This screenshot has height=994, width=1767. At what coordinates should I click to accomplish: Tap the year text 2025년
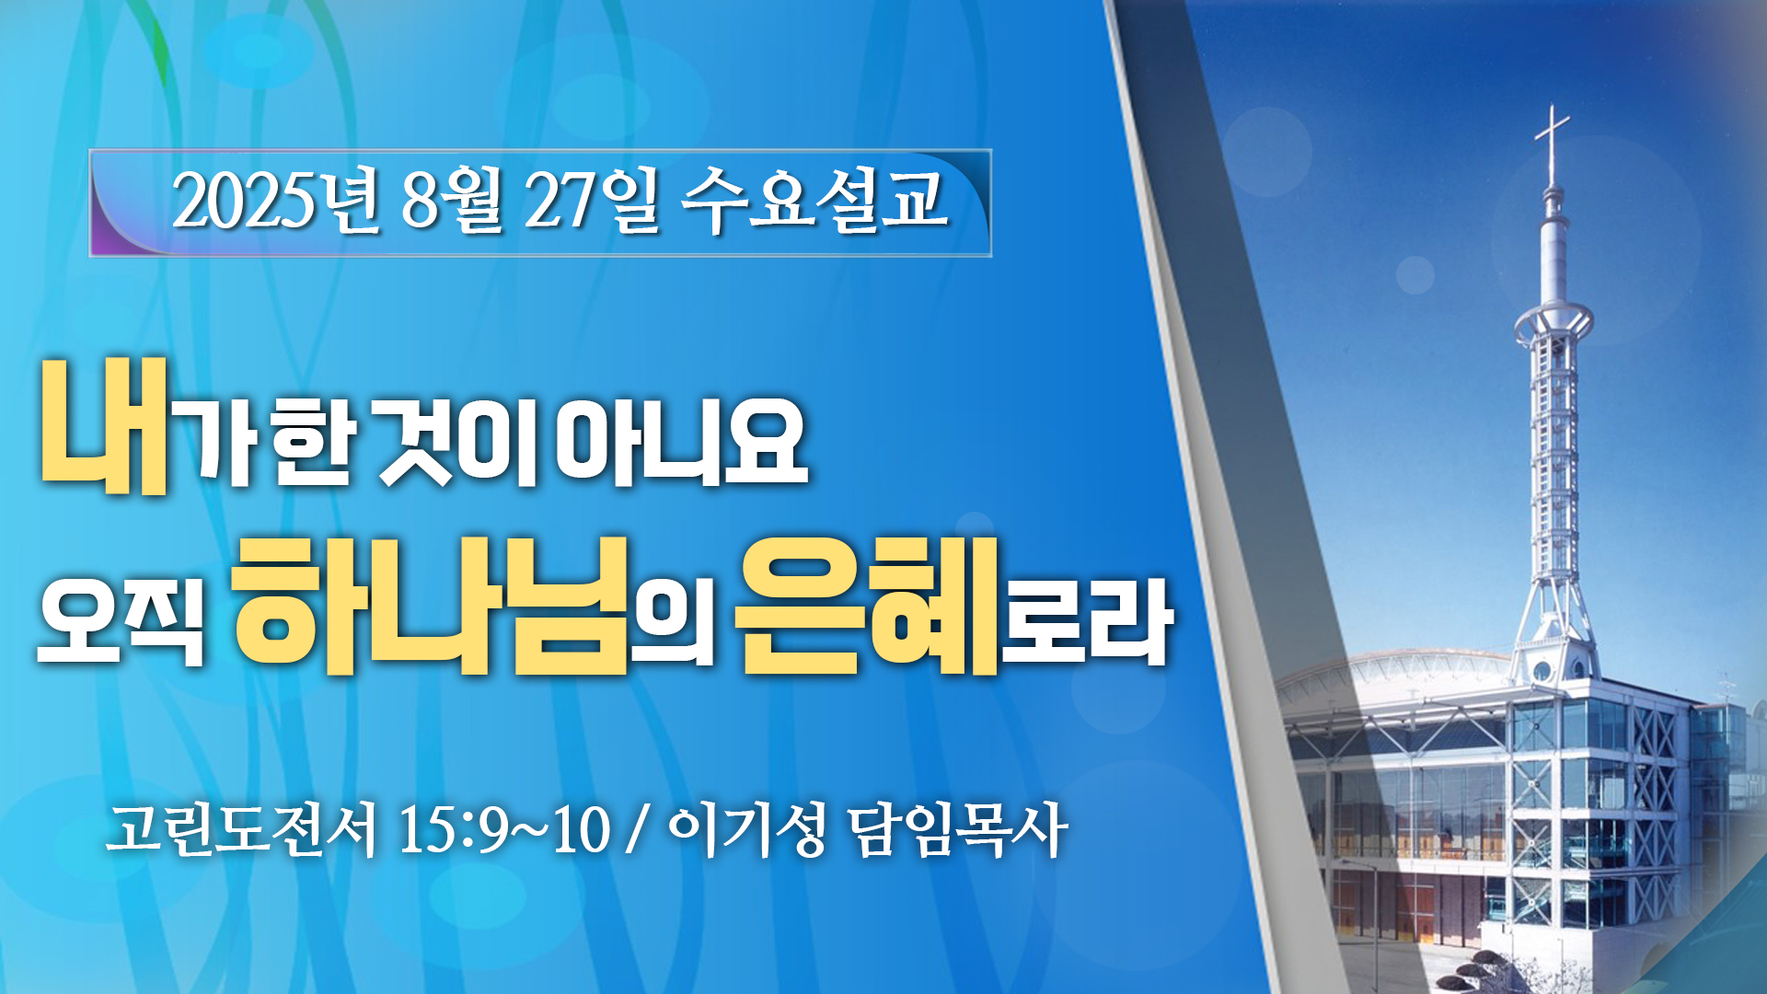(x=274, y=200)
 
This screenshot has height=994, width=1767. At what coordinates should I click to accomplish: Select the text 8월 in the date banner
(x=452, y=200)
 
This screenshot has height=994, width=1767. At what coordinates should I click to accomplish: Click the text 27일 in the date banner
(x=592, y=200)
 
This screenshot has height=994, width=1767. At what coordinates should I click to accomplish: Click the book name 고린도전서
(x=242, y=830)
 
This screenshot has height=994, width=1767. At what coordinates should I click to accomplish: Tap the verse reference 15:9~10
(x=503, y=830)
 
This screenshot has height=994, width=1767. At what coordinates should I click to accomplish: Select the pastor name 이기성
(x=746, y=830)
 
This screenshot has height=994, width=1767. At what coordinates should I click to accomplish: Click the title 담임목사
(x=957, y=830)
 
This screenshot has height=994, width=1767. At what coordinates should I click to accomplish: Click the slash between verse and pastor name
(x=635, y=831)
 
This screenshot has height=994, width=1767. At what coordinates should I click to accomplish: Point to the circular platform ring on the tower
(x=1553, y=319)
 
